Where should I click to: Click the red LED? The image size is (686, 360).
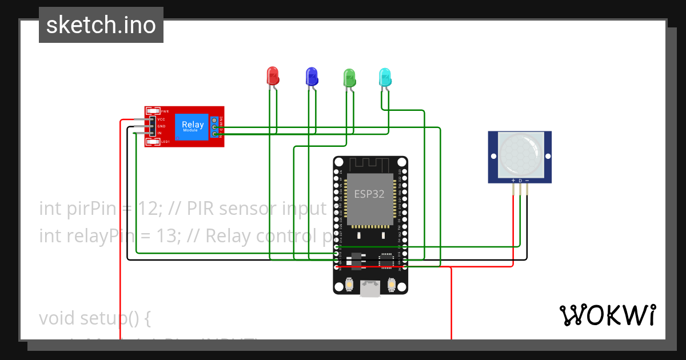[x=273, y=75]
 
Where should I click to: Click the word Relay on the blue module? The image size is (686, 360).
[x=193, y=124]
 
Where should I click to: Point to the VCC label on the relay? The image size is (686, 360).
[x=161, y=119]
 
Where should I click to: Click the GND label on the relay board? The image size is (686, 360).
[x=161, y=126]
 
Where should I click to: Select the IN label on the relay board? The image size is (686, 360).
[x=159, y=133]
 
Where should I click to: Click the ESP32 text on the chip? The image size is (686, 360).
[x=369, y=194]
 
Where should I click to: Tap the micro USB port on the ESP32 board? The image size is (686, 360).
[x=370, y=289]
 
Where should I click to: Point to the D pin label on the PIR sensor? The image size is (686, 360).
[x=520, y=181]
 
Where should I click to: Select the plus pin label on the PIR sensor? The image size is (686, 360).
[x=513, y=181]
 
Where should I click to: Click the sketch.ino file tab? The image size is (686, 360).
[x=101, y=25]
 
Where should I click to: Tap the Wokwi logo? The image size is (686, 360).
[x=607, y=315]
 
